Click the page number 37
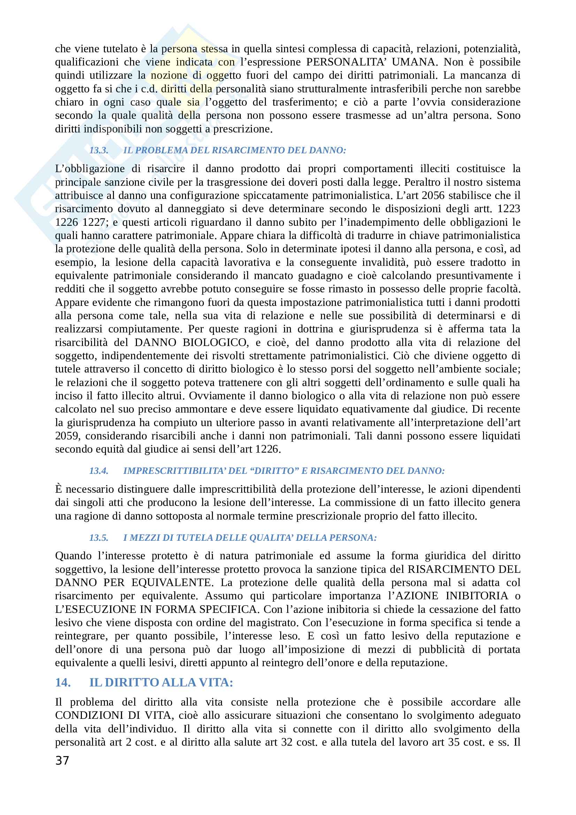[x=62, y=760]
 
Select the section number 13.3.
[x=99, y=150]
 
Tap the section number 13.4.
[x=99, y=471]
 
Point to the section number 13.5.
[x=99, y=537]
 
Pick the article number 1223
[x=508, y=209]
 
